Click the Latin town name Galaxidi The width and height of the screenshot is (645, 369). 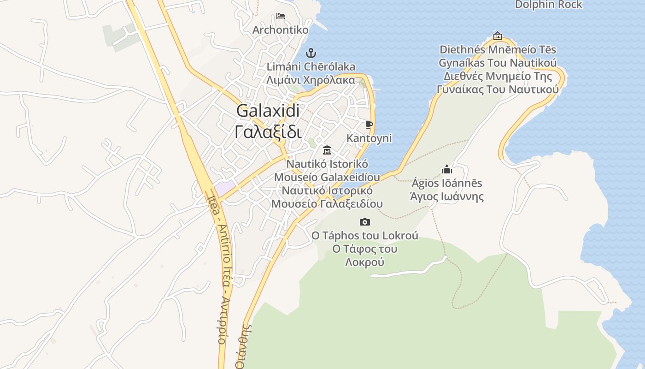(x=268, y=111)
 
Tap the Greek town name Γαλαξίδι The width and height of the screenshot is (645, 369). (x=268, y=132)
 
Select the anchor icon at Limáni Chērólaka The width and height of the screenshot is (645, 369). (x=311, y=53)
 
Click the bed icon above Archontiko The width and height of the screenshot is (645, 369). (x=280, y=17)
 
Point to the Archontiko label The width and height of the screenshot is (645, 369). (x=280, y=30)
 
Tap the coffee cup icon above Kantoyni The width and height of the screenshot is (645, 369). (x=369, y=125)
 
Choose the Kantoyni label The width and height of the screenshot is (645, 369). (x=369, y=138)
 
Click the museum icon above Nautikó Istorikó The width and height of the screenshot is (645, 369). (x=327, y=150)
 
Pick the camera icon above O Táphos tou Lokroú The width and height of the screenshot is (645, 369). (x=364, y=222)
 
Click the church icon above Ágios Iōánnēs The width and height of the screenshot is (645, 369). (x=446, y=170)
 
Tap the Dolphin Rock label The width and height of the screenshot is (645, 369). (x=548, y=5)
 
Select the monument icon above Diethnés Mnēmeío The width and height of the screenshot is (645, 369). (x=497, y=36)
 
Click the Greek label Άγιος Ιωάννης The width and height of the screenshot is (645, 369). (x=446, y=197)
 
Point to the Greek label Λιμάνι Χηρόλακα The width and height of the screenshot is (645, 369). (x=311, y=80)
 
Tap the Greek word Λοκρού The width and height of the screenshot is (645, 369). (x=364, y=262)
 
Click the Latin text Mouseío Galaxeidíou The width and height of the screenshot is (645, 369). (x=327, y=177)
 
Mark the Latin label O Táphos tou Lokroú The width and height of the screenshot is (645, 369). (x=364, y=236)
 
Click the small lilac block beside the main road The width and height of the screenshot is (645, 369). (x=224, y=188)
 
